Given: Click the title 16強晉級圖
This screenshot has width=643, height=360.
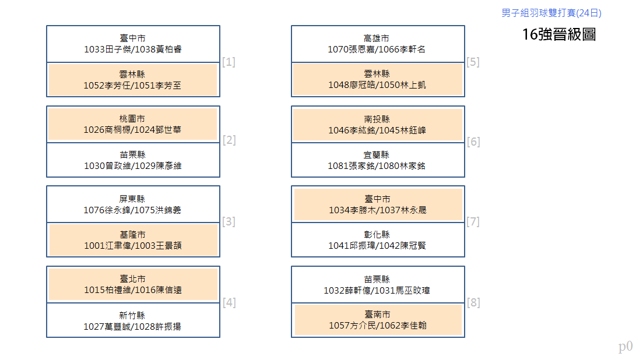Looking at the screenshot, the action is coord(559,34).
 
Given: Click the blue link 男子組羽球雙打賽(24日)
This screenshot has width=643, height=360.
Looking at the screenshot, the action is coord(551,13).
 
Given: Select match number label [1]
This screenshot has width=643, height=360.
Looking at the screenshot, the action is coord(229,62).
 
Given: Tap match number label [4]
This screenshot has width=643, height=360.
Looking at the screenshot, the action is coord(229,303).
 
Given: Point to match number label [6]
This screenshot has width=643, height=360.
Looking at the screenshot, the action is coord(473,142).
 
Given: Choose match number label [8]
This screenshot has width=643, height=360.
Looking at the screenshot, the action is coord(473,303).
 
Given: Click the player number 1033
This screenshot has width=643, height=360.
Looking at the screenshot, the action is coord(94,50).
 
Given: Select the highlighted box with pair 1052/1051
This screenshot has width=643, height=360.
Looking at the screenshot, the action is coord(133,79).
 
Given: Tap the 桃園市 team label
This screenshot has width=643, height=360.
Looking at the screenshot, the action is coord(132,119).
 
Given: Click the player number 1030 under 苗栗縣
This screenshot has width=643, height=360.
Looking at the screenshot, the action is coord(94,166).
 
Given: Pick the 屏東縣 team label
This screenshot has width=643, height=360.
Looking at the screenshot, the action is coord(132,199).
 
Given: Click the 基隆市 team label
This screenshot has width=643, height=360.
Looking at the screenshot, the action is coord(132,235).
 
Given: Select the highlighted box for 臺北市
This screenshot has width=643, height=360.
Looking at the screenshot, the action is coord(133,284).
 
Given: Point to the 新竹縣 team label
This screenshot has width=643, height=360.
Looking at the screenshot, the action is coord(132,315).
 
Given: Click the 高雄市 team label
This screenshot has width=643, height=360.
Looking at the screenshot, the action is coord(376,38).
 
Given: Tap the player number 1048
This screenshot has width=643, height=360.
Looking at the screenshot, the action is coord(339,85).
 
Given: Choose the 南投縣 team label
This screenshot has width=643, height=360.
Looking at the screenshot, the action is coord(377,119).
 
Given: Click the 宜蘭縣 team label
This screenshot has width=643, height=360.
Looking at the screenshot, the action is coord(376,155).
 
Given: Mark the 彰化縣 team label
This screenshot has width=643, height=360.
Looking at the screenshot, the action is coord(377,235).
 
